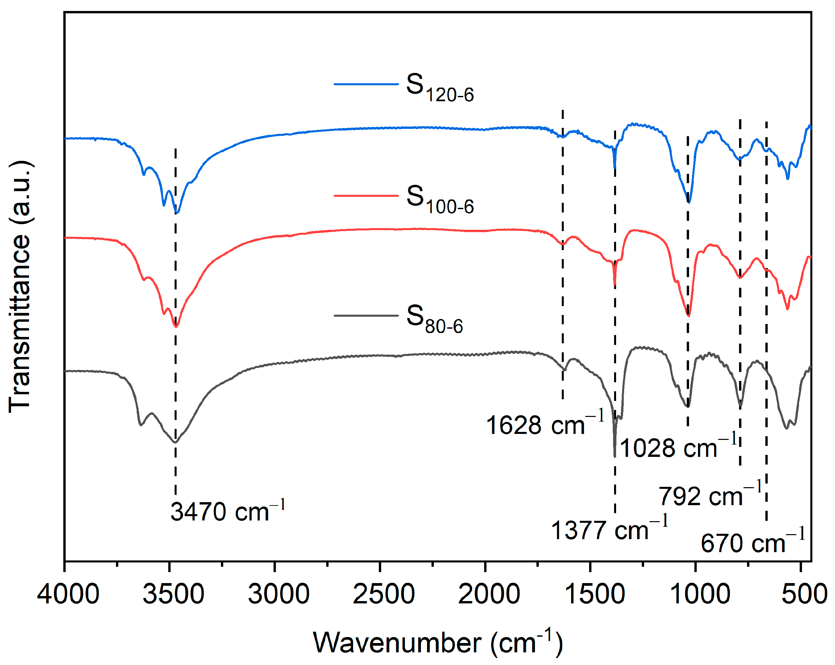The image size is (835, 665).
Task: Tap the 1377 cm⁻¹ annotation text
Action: (609, 529)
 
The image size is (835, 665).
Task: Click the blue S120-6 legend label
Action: (439, 88)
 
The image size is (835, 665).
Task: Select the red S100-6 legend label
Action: (439, 200)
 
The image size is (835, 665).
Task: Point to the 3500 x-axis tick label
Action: (173, 594)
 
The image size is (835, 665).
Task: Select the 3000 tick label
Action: (279, 594)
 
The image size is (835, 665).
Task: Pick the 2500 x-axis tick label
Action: (384, 594)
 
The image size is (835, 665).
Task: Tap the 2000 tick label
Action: (489, 594)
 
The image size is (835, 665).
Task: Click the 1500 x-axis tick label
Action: (594, 594)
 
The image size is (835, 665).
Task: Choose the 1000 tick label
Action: (699, 594)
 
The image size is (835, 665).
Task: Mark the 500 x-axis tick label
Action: (804, 594)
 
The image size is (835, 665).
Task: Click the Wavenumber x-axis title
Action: (437, 643)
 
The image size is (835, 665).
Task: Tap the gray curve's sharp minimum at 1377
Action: (615, 456)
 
